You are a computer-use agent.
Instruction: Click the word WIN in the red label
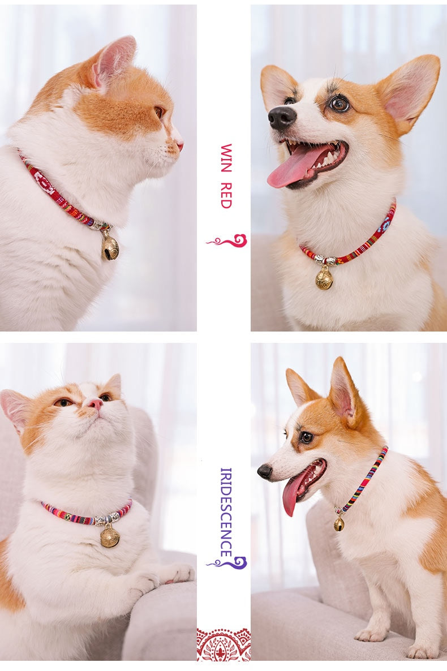[x=226, y=158]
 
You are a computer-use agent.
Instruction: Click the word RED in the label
[x=226, y=196]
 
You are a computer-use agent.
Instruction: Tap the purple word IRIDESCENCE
[x=226, y=512]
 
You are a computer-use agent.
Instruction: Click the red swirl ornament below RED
[x=227, y=241]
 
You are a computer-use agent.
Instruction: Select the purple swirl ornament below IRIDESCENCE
[x=227, y=562]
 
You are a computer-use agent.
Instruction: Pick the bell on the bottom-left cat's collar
[x=110, y=537]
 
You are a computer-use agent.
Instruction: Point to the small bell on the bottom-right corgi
[x=339, y=524]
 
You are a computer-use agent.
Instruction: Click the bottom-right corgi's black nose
[x=265, y=471]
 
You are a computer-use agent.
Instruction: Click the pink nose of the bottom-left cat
[x=94, y=403]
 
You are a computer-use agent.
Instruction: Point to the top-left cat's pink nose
[x=180, y=145]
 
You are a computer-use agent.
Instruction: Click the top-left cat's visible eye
[x=159, y=112]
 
